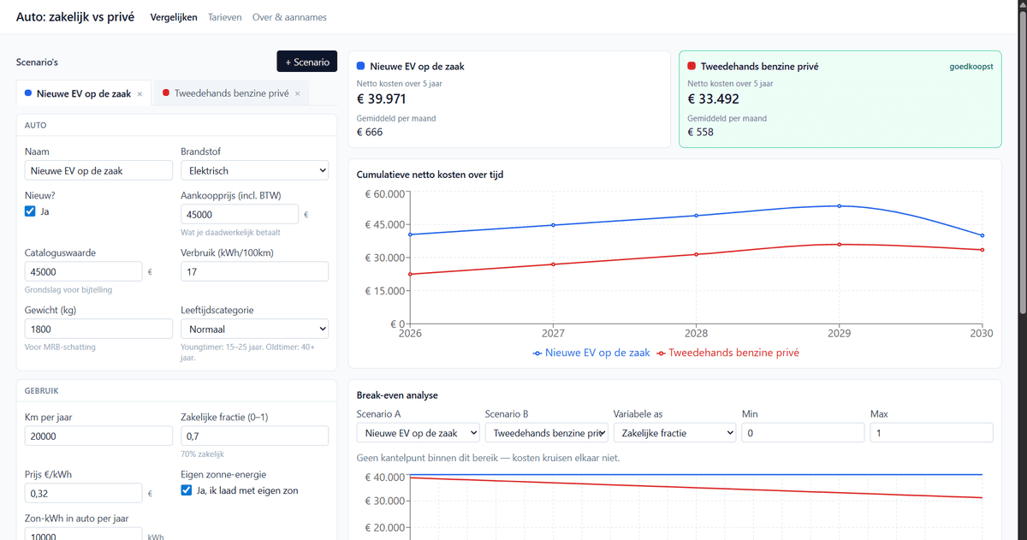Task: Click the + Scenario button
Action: tap(306, 62)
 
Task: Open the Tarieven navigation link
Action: tap(224, 17)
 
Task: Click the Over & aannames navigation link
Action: tap(289, 17)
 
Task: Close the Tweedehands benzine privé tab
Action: tap(298, 93)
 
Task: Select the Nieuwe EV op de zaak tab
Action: tap(84, 93)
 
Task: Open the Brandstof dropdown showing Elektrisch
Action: tap(254, 170)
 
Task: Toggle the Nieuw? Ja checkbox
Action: tap(30, 211)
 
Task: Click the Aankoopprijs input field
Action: tap(240, 215)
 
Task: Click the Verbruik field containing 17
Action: tap(254, 272)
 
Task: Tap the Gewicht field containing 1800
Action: tap(98, 329)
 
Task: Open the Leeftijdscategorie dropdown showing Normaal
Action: tap(254, 329)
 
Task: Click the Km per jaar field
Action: tap(98, 436)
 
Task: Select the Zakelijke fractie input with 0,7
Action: tap(254, 436)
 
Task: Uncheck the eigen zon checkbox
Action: tap(187, 490)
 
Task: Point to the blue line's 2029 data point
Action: tap(840, 206)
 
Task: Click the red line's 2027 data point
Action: tap(554, 264)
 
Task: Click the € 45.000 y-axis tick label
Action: tap(384, 224)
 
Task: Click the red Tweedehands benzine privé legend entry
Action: tap(728, 353)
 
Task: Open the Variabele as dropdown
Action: tap(674, 433)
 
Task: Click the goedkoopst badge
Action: tap(971, 67)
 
